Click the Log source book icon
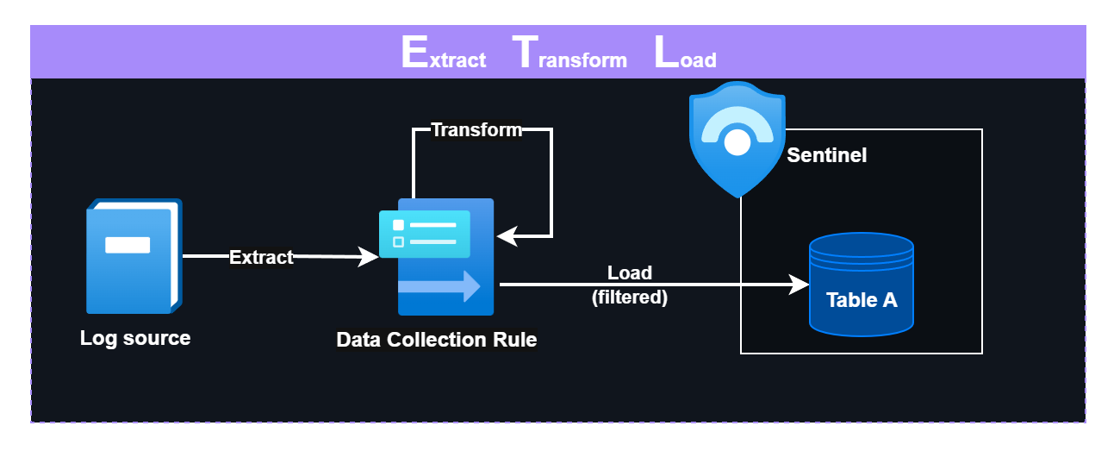[134, 256]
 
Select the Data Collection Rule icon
[439, 257]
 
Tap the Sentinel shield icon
[737, 138]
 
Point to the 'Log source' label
[135, 338]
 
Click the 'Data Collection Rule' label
[436, 340]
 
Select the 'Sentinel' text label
[826, 156]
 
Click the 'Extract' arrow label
[261, 257]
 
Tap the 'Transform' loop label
[476, 130]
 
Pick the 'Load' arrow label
[630, 273]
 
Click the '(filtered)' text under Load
[630, 297]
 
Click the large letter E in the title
[414, 53]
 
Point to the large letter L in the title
[665, 53]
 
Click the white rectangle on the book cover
[128, 245]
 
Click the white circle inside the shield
[737, 142]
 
